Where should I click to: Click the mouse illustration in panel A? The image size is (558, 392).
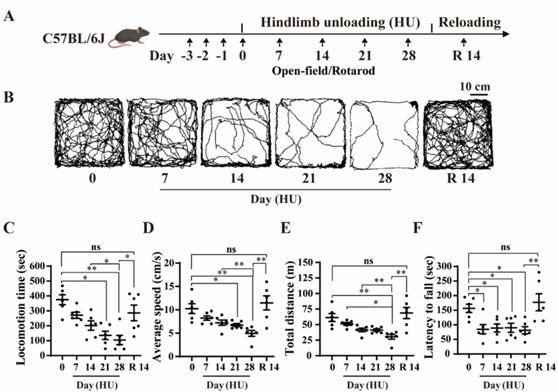click(x=128, y=35)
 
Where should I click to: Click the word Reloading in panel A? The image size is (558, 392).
click(x=469, y=23)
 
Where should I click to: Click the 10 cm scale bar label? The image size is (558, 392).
click(x=473, y=87)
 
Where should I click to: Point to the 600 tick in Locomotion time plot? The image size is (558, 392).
click(x=41, y=266)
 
